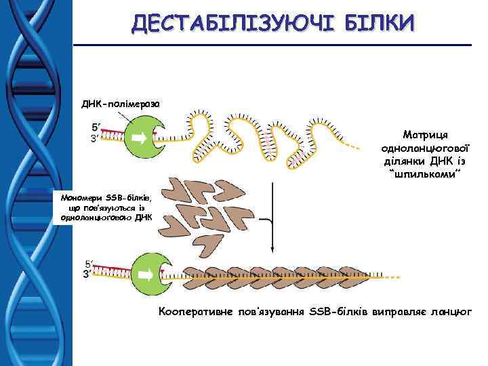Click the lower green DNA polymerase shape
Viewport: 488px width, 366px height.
(x=144, y=273)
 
